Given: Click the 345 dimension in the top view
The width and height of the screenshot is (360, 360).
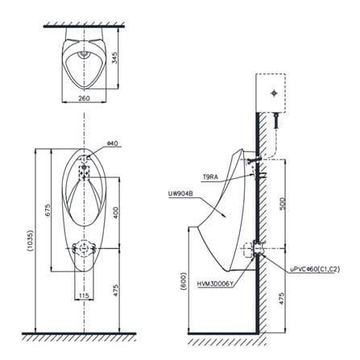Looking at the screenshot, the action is coord(114,57).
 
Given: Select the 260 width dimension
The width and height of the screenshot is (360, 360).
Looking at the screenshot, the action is coord(84,98).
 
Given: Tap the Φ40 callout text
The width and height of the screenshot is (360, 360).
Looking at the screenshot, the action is coord(112,143).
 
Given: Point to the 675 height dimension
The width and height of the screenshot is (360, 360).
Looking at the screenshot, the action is coord(48,211).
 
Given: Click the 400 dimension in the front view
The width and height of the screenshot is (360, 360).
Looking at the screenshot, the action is coord(115,213).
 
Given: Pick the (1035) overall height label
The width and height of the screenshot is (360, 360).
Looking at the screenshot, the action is coord(30,241).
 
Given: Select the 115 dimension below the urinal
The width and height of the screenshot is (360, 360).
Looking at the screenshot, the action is coord(84,296).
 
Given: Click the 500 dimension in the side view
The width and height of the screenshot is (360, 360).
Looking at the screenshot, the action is coord(282,204).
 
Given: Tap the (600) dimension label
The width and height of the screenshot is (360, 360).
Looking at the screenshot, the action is coord(184,282).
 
